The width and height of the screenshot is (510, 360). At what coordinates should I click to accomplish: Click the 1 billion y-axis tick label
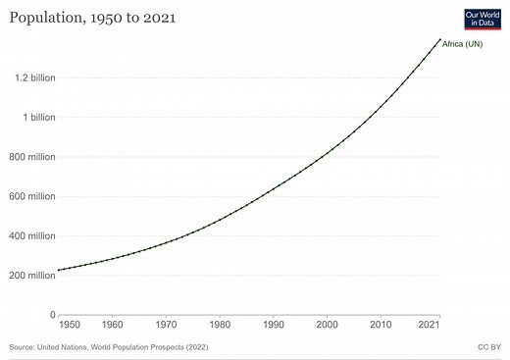coord(34,118)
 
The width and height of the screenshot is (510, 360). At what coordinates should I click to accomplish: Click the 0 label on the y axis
coord(51,315)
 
